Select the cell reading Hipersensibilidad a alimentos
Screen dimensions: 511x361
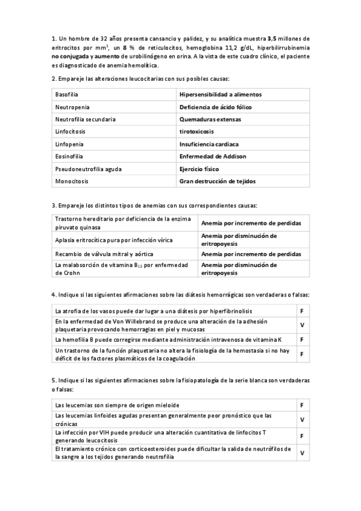pyautogui.click(x=220, y=95)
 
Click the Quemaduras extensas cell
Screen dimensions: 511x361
pyautogui.click(x=210, y=119)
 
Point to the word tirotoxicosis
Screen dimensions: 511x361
pyautogui.click(x=197, y=131)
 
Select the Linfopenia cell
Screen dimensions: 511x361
pyautogui.click(x=69, y=144)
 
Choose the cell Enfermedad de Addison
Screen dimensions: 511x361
pyautogui.click(x=213, y=156)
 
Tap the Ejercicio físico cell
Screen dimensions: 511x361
pyautogui.click(x=199, y=169)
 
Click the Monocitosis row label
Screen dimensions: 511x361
pyautogui.click(x=71, y=181)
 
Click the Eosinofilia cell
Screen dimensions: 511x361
pyautogui.click(x=68, y=156)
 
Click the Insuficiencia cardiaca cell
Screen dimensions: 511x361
pyautogui.click(x=209, y=144)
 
